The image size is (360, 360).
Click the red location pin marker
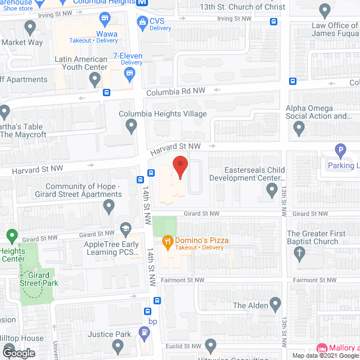pos(179,167)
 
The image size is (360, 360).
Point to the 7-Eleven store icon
pos(130,73)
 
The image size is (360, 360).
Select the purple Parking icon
pos(340,151)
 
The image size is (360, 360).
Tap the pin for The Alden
pos(275,305)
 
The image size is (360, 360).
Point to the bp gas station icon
pos(145,333)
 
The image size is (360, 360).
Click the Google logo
pos(18,353)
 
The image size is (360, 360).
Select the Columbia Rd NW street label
pos(177,91)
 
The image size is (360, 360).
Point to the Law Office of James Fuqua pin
pos(324,10)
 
